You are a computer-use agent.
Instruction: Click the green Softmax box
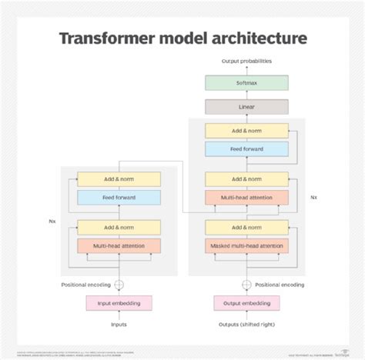point(246,82)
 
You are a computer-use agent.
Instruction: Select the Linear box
point(246,106)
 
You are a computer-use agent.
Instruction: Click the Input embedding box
point(119,302)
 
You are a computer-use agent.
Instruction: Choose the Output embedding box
point(246,302)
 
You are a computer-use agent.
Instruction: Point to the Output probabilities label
point(246,60)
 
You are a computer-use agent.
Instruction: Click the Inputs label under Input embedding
point(119,324)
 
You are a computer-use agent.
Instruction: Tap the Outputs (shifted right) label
point(246,324)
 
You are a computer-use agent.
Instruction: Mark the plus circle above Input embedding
point(119,284)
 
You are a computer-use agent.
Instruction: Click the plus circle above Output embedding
point(246,284)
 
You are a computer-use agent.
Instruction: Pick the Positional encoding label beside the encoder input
point(85,284)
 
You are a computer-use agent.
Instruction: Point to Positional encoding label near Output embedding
point(281,284)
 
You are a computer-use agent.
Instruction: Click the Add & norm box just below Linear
point(246,130)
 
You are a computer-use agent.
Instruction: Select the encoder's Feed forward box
point(119,198)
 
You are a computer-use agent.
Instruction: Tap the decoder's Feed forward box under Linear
point(246,148)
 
